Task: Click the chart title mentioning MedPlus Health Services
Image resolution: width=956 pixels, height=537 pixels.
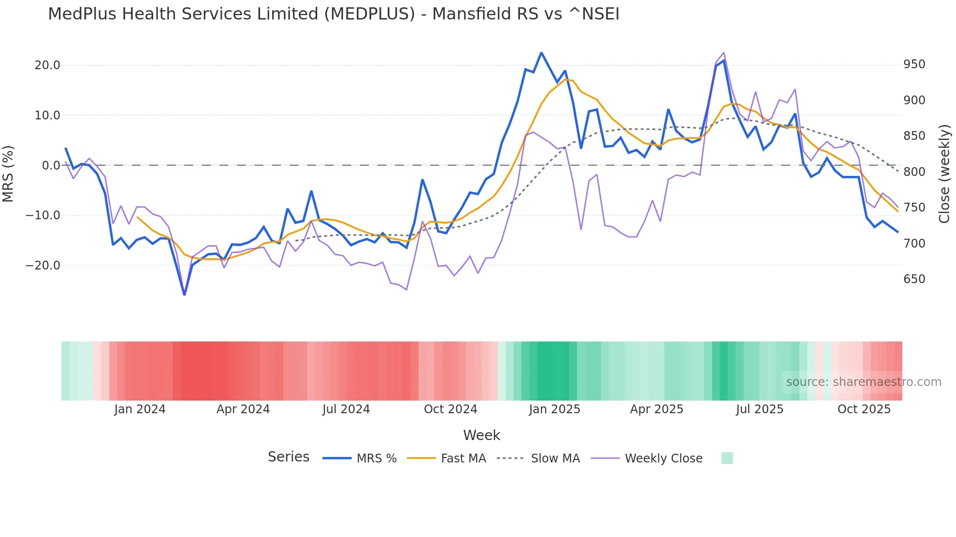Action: coord(334,14)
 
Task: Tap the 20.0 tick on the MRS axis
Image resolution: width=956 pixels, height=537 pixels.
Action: coord(47,65)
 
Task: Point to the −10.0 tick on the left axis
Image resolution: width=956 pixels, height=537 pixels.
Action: coord(43,215)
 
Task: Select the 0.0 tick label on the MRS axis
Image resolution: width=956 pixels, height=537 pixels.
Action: coord(51,166)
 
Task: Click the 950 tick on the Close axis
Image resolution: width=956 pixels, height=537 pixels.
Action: coord(914,64)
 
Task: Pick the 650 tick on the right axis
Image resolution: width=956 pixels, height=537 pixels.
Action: coord(914,279)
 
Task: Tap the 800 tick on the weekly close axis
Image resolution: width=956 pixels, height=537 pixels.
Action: coord(914,172)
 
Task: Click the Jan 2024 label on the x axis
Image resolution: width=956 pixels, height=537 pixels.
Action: coord(140,409)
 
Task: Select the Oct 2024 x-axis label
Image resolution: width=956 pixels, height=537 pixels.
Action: coord(450,409)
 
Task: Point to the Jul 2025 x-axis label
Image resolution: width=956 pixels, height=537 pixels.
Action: coord(759,409)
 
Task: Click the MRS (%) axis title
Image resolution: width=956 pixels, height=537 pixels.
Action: coord(8,173)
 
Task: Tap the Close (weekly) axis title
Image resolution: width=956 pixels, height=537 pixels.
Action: coord(945,173)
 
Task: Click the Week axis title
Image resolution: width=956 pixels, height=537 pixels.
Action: coord(481,435)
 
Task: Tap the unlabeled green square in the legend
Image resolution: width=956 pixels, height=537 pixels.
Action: coord(727,458)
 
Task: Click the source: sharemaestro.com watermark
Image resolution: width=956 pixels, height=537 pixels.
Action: coord(863,382)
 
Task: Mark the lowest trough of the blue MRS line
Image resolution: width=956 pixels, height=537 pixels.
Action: coord(184,295)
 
